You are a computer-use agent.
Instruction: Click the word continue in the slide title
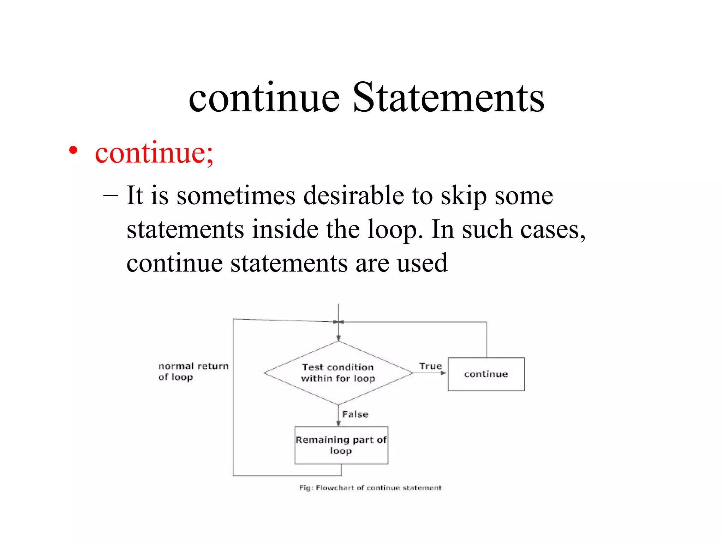point(264,97)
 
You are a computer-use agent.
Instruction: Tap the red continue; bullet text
point(154,153)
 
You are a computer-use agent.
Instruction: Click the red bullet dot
point(73,151)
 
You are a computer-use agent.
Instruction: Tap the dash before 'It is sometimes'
point(110,195)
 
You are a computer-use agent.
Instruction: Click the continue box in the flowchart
point(486,374)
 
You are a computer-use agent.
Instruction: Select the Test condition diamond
point(338,373)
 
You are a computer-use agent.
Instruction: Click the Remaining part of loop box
point(341,445)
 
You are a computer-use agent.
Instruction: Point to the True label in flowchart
point(430,366)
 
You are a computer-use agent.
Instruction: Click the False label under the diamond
point(355,414)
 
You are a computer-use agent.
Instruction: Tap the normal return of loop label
point(193,371)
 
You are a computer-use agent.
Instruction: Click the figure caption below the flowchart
point(370,488)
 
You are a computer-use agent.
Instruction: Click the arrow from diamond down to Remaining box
point(338,416)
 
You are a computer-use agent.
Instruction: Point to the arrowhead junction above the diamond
point(338,322)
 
